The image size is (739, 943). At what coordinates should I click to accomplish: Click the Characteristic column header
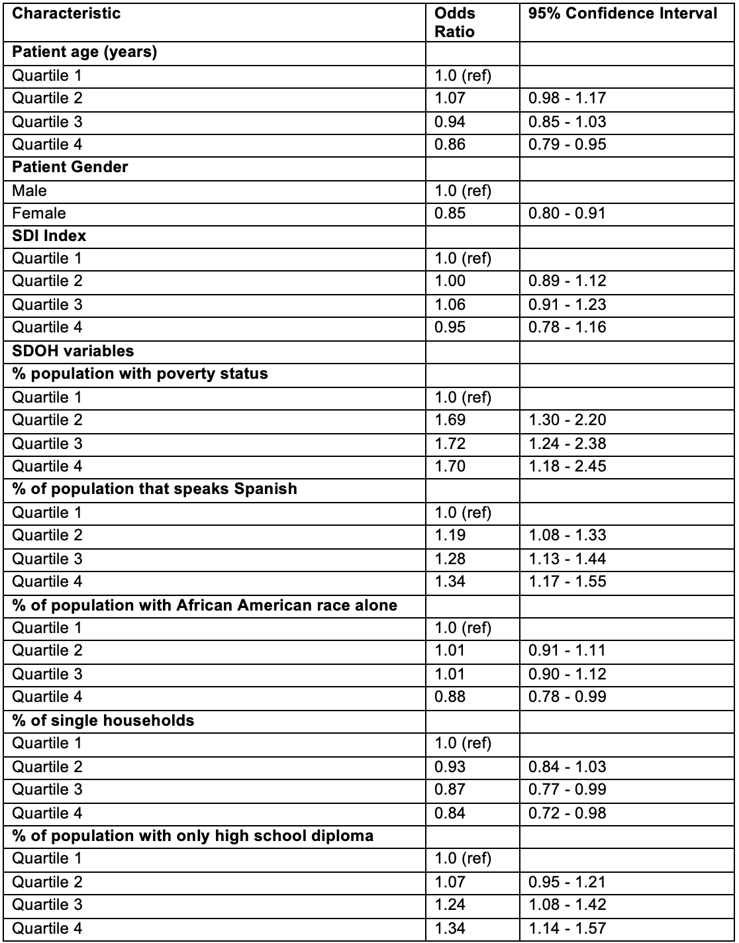coord(66,14)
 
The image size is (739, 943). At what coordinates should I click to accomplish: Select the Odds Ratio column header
coord(455,23)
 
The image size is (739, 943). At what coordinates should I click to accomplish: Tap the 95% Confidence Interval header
coord(622,14)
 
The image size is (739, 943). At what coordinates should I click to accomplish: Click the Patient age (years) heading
coord(85,52)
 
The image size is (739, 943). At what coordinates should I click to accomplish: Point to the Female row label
coord(39,213)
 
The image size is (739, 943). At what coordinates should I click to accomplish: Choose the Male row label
coord(30,191)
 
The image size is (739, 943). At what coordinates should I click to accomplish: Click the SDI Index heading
coord(49,236)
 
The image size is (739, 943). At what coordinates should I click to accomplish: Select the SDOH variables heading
coord(73,351)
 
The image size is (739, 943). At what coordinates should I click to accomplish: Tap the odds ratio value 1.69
coord(450,420)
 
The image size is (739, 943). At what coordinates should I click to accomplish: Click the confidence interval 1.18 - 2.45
coord(567,466)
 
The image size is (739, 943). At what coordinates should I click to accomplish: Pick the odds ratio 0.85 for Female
coord(450,213)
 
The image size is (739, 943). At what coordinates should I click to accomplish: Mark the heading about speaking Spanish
coord(155,489)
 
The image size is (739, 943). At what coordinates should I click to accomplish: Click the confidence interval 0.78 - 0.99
coord(567,697)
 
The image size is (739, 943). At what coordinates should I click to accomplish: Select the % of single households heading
coord(103,720)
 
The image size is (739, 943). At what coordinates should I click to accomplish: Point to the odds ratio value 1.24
coord(450,905)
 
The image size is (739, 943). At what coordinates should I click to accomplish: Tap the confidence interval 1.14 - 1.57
coord(567,928)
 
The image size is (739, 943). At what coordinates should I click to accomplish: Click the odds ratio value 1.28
coord(450,559)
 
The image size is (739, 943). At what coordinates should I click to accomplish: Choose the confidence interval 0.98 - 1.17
coord(567,98)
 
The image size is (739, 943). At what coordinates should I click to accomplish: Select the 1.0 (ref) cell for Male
coord(463,191)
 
